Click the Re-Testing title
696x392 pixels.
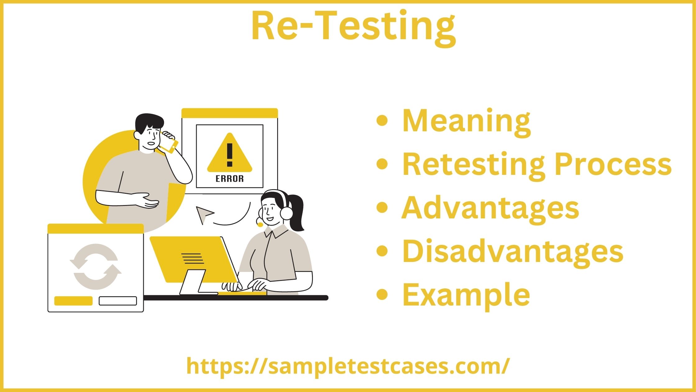click(x=353, y=26)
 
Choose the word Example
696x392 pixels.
click(x=466, y=295)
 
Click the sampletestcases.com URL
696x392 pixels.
click(x=348, y=366)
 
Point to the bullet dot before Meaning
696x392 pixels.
click(x=382, y=120)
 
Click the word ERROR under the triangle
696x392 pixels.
click(x=230, y=179)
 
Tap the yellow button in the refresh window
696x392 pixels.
click(x=73, y=301)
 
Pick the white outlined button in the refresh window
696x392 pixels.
click(x=118, y=301)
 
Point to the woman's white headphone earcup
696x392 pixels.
click(x=286, y=213)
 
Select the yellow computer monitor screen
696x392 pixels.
click(x=193, y=258)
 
